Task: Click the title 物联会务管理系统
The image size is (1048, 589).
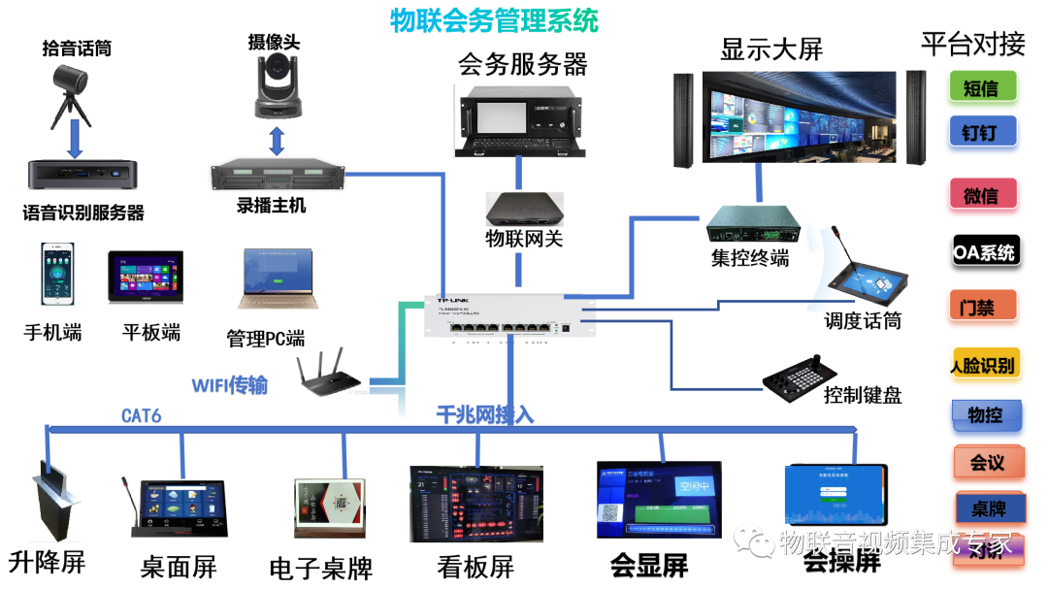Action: point(494,19)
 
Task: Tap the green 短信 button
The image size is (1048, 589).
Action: point(982,88)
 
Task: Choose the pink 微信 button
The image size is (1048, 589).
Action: point(982,196)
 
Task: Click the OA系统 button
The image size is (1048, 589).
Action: point(984,252)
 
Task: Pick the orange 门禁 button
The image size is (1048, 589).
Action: point(982,308)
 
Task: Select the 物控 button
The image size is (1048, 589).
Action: point(985,415)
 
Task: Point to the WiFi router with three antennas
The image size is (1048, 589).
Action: point(330,372)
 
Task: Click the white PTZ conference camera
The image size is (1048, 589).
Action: point(278,85)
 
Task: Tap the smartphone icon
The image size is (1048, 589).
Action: point(57,274)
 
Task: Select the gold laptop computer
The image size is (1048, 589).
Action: point(278,278)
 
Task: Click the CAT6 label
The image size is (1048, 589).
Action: point(142,416)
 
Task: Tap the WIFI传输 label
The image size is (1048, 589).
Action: point(229,386)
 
